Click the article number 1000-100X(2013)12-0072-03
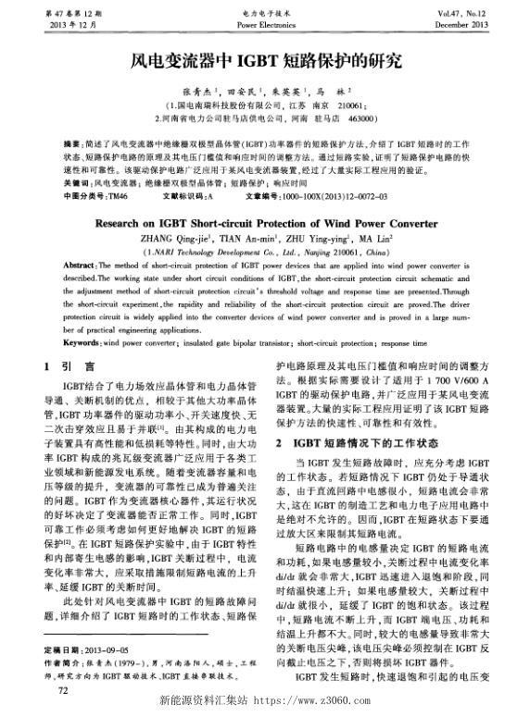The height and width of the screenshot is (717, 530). point(335,196)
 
